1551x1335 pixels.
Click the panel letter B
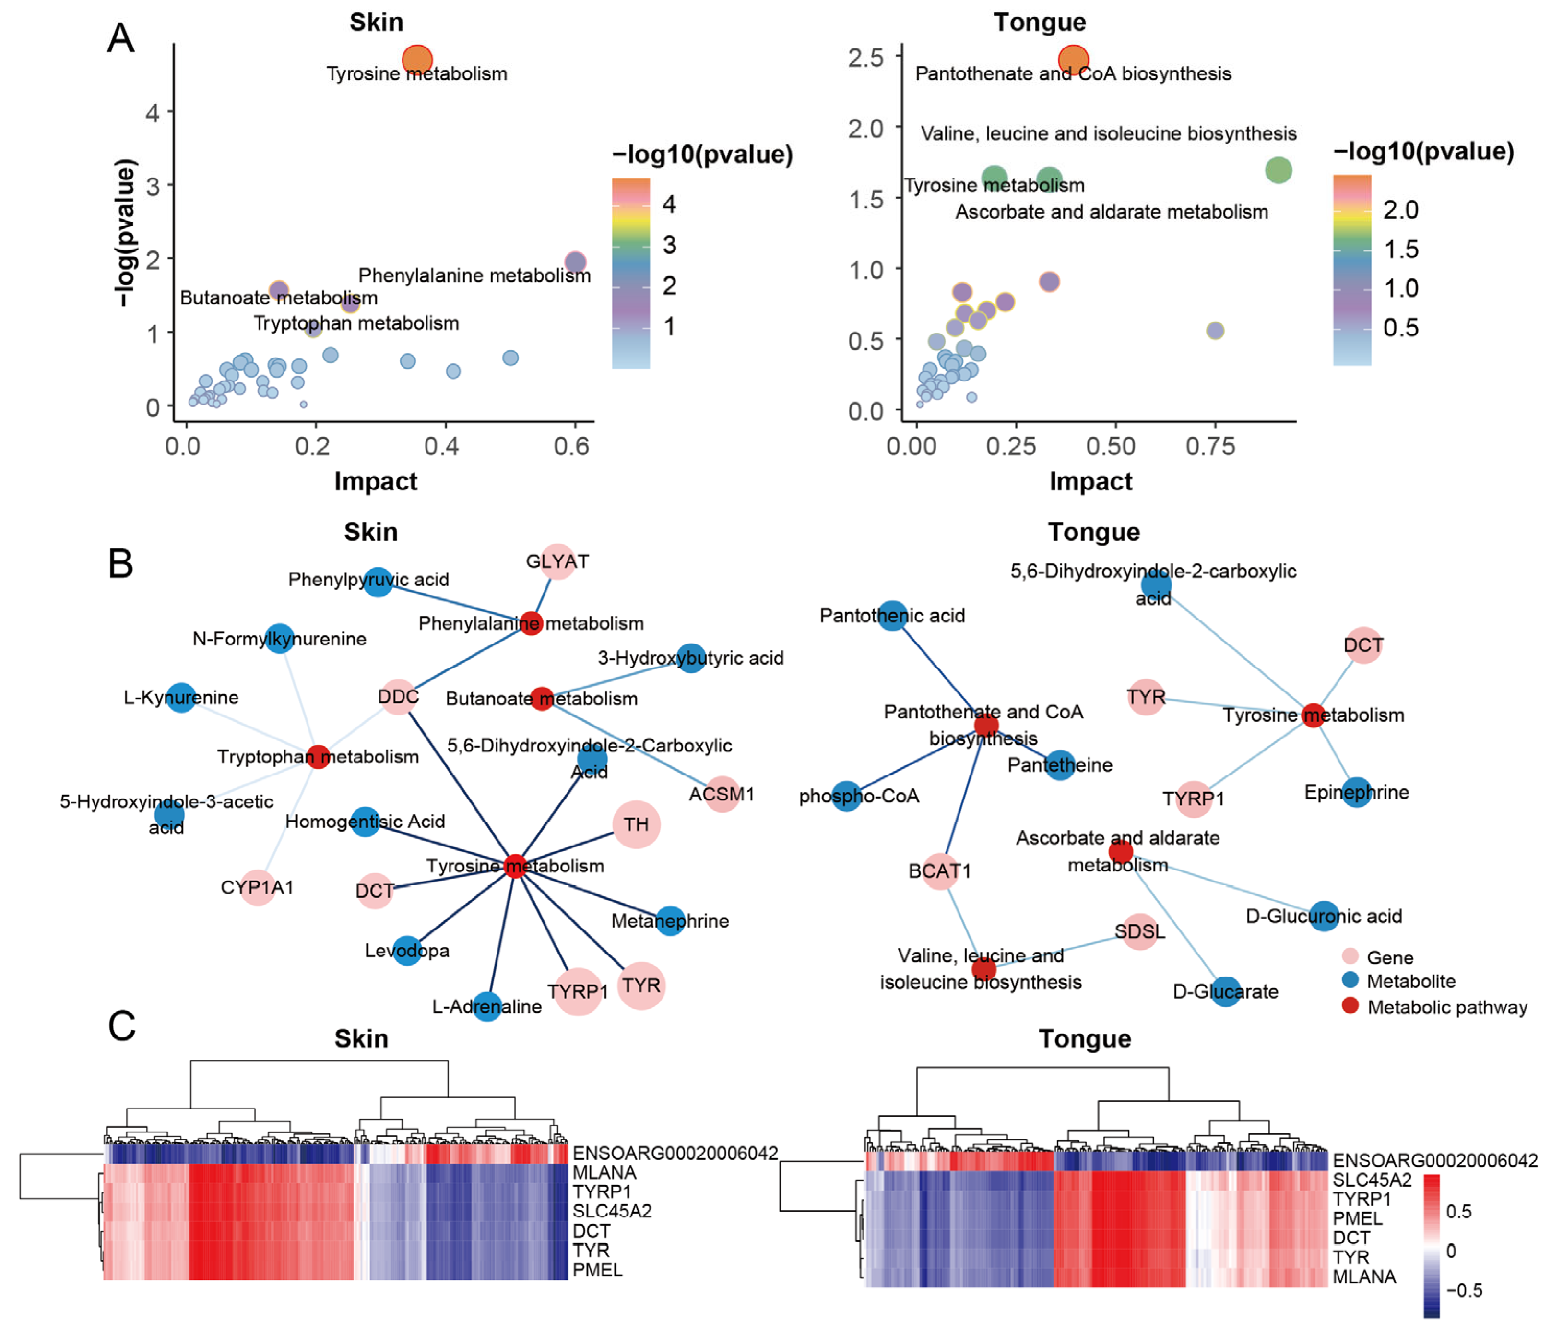point(120,563)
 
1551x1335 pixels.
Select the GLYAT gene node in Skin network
point(557,561)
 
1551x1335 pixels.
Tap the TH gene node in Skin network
point(636,824)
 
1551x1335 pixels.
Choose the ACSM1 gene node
point(722,794)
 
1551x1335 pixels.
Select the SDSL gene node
point(1139,931)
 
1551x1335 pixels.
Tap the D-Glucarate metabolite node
point(1225,991)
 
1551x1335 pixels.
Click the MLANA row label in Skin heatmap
point(604,1172)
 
